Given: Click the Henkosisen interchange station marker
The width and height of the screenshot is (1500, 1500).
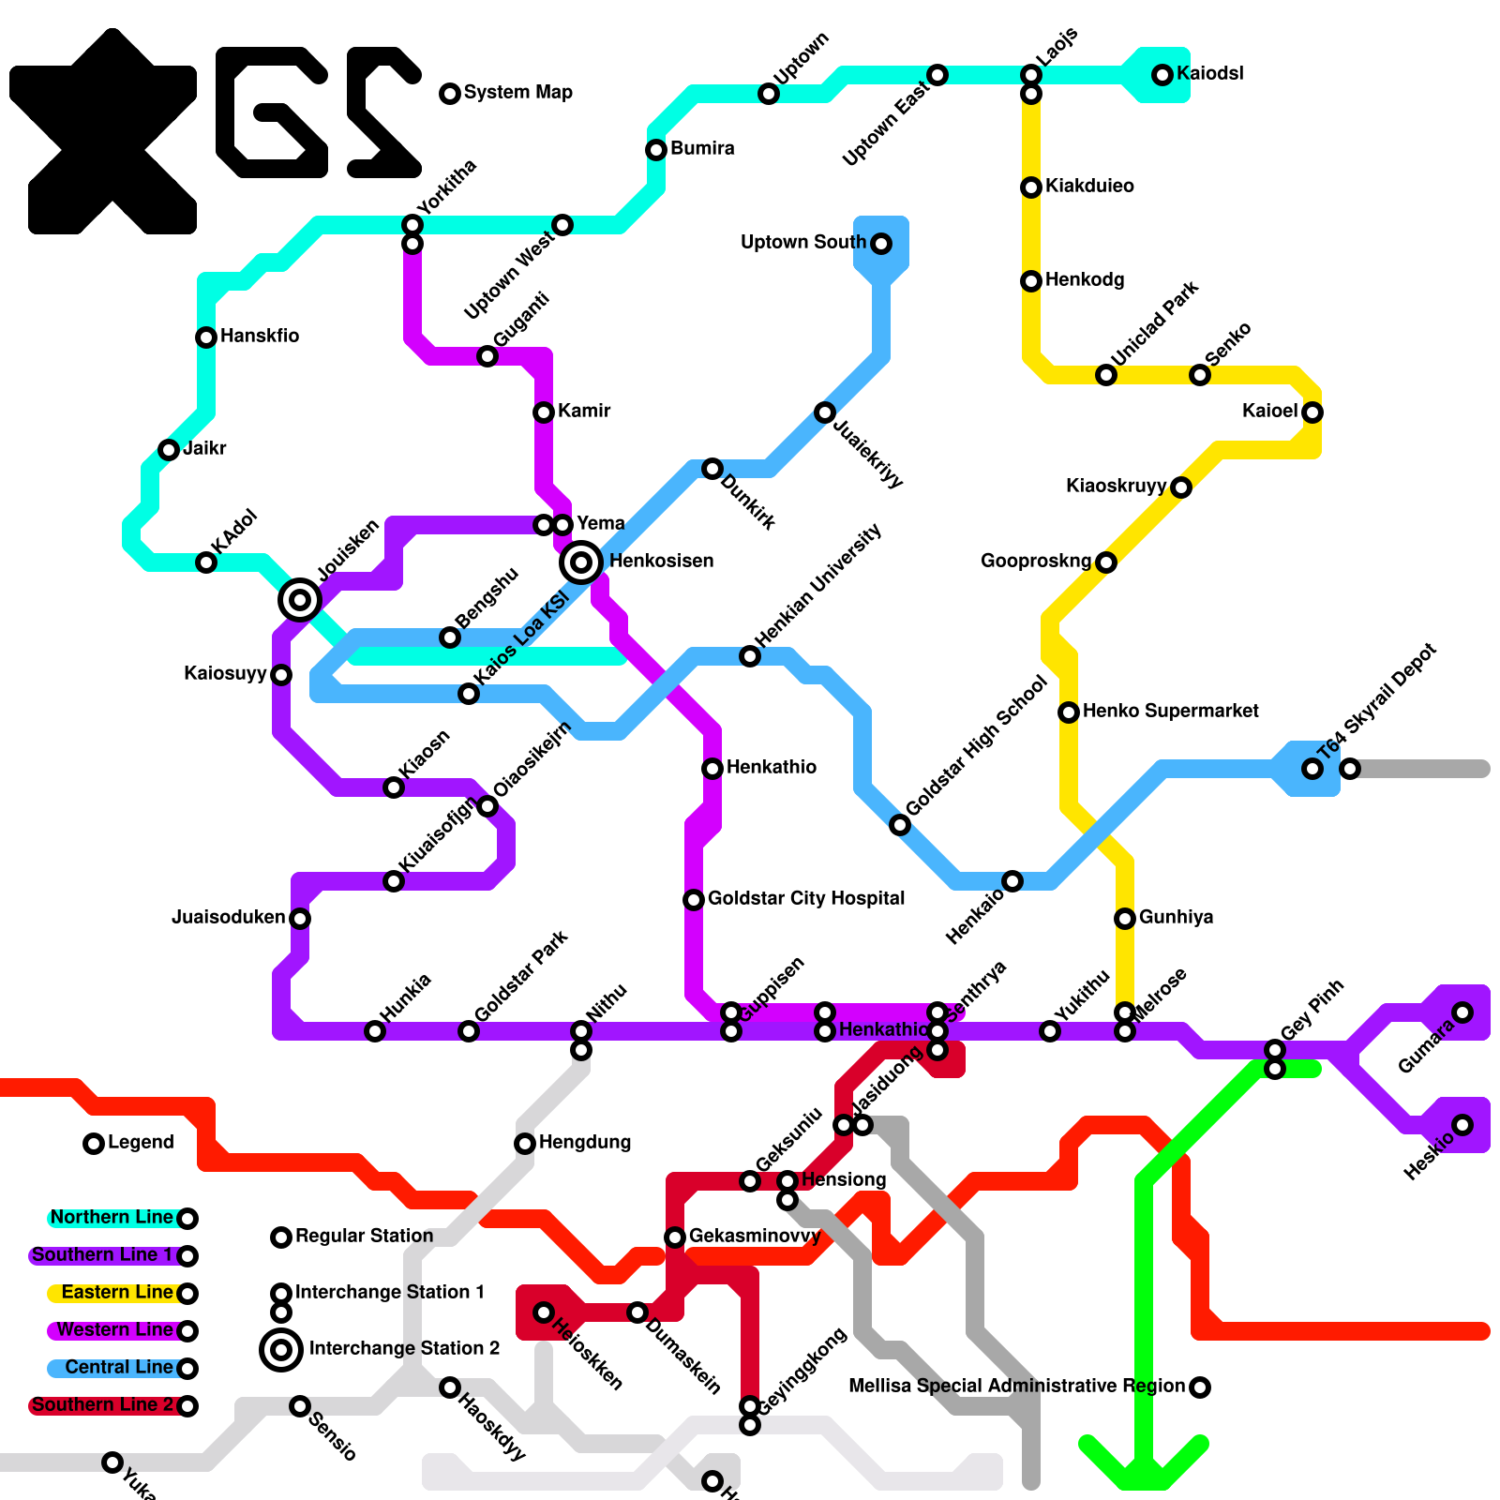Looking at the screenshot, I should [581, 562].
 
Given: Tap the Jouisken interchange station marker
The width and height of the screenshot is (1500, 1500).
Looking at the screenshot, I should [300, 599].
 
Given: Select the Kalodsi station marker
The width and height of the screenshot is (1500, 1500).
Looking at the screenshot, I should [1162, 75].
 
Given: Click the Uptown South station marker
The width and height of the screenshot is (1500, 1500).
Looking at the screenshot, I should [881, 244].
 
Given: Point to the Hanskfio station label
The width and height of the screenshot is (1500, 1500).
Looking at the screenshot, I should [260, 336].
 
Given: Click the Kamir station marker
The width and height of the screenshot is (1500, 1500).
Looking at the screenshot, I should [544, 412].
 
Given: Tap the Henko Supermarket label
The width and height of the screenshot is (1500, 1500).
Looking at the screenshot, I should [1170, 711].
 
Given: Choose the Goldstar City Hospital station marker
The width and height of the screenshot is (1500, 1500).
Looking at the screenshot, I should [694, 900].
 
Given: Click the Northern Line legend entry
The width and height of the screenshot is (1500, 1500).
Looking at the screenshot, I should [112, 1217].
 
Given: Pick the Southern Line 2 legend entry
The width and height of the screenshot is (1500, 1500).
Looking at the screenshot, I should [102, 1404].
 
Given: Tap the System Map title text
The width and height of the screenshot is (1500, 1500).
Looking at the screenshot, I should [517, 92].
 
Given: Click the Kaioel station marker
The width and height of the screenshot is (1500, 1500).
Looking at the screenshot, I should [1312, 412].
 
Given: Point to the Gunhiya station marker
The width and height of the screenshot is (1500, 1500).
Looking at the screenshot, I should [1125, 919].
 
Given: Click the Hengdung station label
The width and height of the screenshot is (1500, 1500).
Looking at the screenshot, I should [585, 1142].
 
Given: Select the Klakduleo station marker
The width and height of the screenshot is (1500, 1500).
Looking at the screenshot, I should [1031, 187].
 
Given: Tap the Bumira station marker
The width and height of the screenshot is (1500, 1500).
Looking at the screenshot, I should [656, 150].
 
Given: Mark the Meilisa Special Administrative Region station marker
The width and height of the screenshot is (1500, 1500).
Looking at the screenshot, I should [1200, 1387].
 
